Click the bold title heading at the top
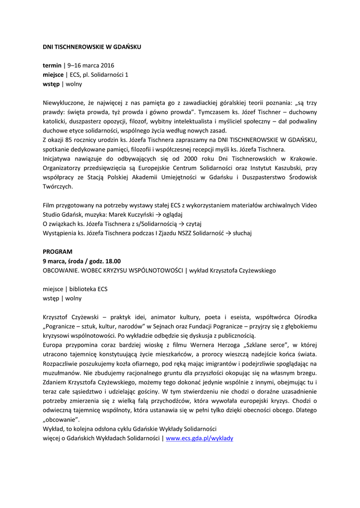coord(92,47)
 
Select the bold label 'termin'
coord(52,65)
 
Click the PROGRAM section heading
coord(58,252)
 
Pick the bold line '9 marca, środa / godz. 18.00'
coord(81,261)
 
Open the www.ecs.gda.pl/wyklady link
coord(199,439)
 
